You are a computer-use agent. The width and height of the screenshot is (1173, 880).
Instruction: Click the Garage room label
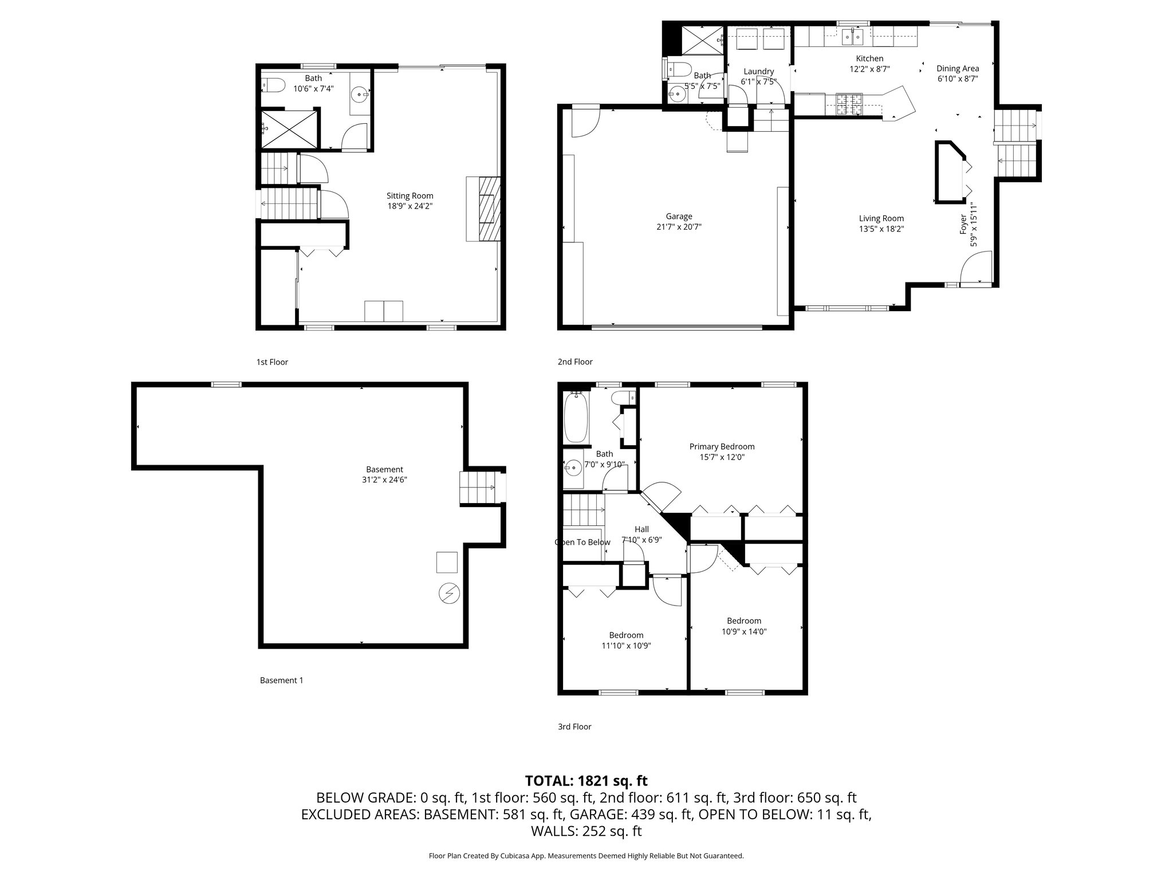(x=679, y=216)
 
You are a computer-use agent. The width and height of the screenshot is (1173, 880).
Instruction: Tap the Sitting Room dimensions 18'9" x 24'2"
(x=410, y=206)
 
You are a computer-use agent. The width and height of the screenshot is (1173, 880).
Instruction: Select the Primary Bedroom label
(x=722, y=446)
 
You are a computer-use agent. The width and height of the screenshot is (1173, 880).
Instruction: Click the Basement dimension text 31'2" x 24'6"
(x=384, y=480)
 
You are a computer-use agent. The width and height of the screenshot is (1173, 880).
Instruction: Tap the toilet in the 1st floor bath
(x=274, y=86)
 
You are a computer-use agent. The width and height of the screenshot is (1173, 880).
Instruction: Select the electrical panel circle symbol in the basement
(x=447, y=593)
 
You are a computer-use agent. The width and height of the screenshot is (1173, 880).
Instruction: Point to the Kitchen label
(x=869, y=58)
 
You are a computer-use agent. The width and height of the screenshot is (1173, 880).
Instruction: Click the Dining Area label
(x=958, y=68)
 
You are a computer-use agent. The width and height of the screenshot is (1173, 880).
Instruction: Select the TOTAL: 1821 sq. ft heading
(x=586, y=780)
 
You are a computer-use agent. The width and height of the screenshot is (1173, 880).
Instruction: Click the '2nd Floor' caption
(x=575, y=362)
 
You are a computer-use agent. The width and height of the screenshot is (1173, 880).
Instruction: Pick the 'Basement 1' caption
(x=281, y=680)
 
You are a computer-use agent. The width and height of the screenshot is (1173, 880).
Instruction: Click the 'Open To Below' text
(x=582, y=542)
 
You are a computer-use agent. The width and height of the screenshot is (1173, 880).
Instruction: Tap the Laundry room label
(x=758, y=71)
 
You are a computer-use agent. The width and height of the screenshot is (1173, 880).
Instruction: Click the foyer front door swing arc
(x=976, y=269)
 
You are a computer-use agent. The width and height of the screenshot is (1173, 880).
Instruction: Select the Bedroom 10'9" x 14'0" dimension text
(x=744, y=631)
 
